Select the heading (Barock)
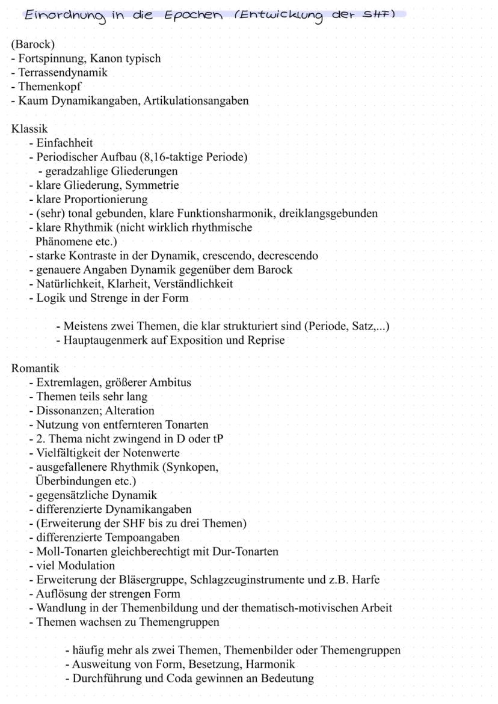pyautogui.click(x=33, y=44)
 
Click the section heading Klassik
pyautogui.click(x=29, y=129)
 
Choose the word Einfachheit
pyautogui.click(x=64, y=143)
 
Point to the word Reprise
pyautogui.click(x=266, y=340)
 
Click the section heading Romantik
pyautogui.click(x=35, y=368)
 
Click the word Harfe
pyautogui.click(x=365, y=580)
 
